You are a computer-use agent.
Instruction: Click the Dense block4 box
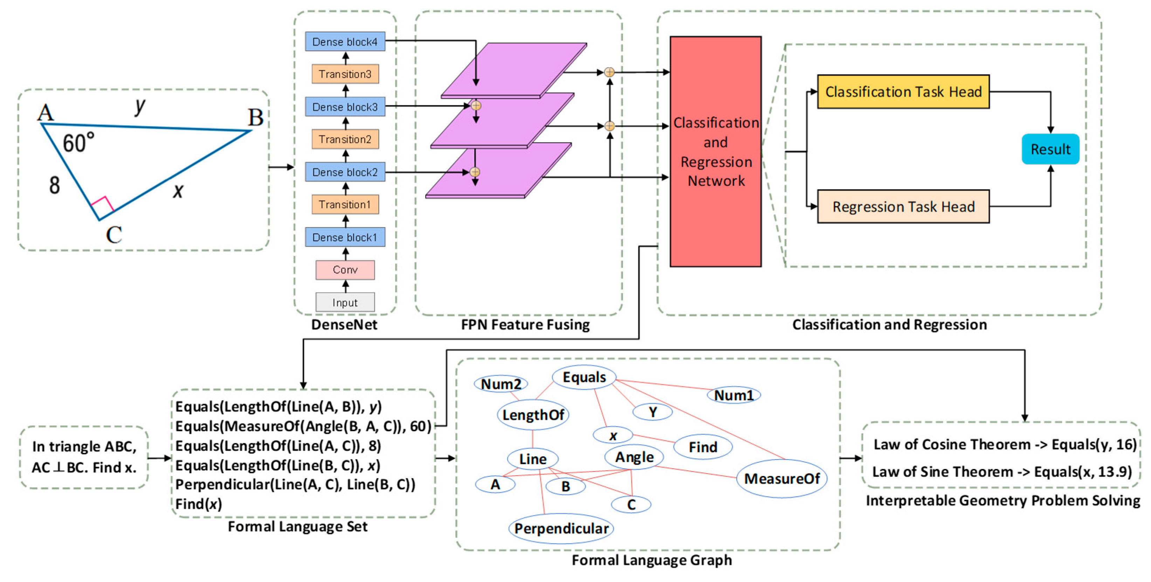[345, 42]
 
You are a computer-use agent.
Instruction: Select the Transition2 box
[345, 139]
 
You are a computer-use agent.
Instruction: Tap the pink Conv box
[345, 269]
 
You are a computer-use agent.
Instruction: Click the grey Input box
[345, 303]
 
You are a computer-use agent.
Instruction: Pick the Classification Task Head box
[903, 91]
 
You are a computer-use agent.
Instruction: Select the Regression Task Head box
[903, 206]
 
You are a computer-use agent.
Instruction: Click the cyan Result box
[1050, 149]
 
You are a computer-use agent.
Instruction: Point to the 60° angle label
[78, 143]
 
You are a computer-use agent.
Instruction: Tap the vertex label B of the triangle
[256, 118]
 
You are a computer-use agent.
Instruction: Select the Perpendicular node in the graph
[561, 528]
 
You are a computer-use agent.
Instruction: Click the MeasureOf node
[781, 478]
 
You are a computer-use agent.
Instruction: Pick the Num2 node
[501, 384]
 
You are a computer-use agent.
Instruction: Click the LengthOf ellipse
[533, 415]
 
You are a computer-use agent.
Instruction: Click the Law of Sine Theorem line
[1002, 472]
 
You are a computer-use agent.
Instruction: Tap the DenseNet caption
[344, 324]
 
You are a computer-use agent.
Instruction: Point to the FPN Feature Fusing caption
[525, 324]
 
